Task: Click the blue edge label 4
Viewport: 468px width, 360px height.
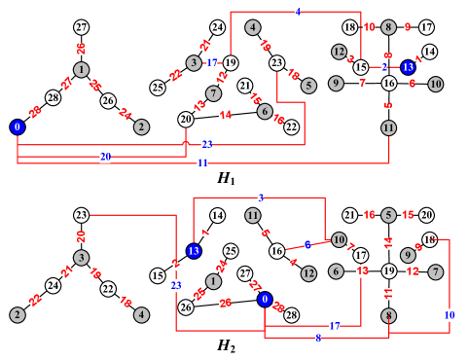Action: (297, 12)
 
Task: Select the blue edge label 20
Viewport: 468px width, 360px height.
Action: (105, 156)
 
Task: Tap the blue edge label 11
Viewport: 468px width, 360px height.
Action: (202, 163)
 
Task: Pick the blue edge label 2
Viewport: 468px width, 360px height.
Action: (384, 67)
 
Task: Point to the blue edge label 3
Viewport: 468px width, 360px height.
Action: (261, 198)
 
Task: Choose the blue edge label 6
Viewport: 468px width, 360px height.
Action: (307, 245)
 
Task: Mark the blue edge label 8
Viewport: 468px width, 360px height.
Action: (318, 338)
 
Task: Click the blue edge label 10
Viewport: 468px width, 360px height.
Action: (449, 315)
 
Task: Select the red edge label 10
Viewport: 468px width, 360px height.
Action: (369, 27)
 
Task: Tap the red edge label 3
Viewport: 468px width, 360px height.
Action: (350, 58)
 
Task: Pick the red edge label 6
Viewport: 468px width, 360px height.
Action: (413, 84)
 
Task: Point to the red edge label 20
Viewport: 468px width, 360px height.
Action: (81, 236)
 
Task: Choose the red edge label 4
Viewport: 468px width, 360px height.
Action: (292, 262)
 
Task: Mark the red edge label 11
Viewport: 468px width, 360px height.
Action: (388, 294)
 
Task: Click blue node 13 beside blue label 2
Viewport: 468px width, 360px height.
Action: (408, 67)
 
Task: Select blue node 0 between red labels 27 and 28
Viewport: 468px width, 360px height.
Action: (265, 300)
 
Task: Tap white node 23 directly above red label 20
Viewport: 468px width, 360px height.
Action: (81, 215)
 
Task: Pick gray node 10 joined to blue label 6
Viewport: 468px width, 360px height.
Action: (339, 239)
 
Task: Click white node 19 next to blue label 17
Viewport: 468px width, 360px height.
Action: (231, 63)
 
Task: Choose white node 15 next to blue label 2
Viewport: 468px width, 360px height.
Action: (361, 67)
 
